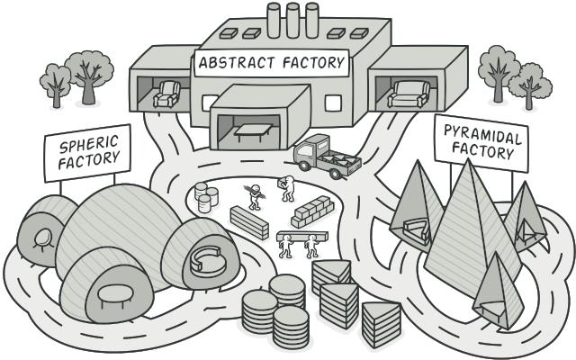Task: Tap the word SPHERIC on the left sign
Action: pos(89,144)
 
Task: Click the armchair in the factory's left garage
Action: pos(166,94)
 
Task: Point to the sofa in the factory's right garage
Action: pos(409,94)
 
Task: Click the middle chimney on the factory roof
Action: pos(292,20)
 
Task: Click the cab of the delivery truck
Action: pos(309,148)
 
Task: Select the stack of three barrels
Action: pos(206,197)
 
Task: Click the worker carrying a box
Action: pos(287,188)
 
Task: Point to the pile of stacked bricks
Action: pos(312,211)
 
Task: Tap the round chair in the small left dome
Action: pos(42,238)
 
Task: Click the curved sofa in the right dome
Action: pos(208,262)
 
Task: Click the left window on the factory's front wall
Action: pos(210,103)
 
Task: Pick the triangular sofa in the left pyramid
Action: pos(416,230)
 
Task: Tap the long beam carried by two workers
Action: pos(302,236)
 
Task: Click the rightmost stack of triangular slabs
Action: pos(381,324)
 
